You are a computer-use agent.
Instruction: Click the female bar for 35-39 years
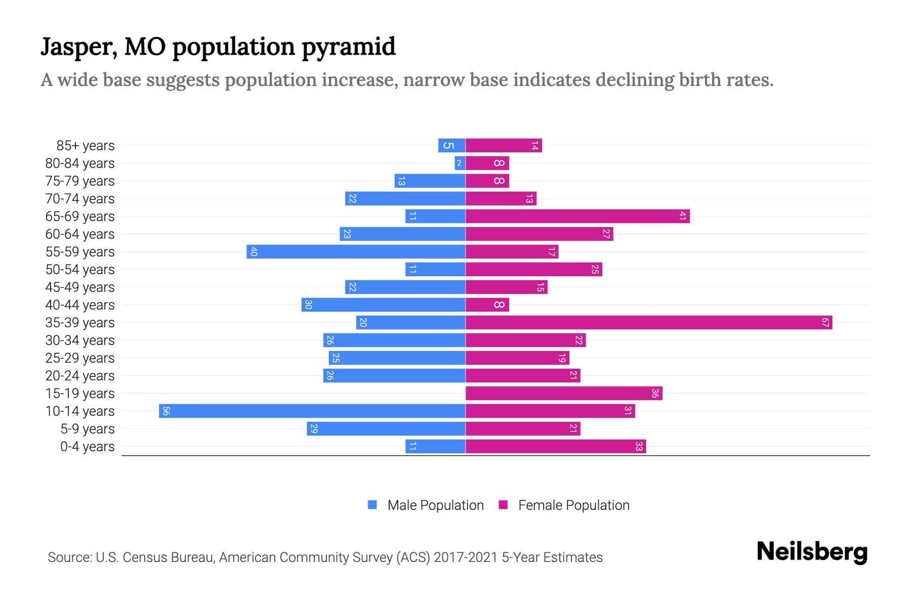(x=649, y=322)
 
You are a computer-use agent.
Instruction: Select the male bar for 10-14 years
(x=312, y=411)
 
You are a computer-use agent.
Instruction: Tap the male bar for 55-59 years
(x=356, y=251)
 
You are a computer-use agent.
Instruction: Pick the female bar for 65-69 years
(x=577, y=216)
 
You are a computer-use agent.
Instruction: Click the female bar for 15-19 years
(x=564, y=393)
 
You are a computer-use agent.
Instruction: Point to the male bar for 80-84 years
(x=460, y=163)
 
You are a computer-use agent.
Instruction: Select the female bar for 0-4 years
(x=556, y=446)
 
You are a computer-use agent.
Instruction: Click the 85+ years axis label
(x=86, y=146)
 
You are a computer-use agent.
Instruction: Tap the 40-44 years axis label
(x=80, y=305)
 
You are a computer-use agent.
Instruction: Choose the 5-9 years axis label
(x=88, y=429)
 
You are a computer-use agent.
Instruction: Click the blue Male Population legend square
(x=372, y=505)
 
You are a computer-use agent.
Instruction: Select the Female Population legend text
(x=573, y=505)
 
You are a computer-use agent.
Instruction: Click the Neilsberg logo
(x=812, y=552)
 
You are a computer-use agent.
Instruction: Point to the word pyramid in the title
(x=349, y=47)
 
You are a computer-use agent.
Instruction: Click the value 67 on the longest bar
(x=825, y=322)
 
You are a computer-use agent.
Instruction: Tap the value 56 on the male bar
(x=166, y=411)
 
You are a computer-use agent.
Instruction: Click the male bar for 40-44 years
(x=383, y=305)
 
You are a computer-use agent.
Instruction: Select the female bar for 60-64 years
(x=539, y=234)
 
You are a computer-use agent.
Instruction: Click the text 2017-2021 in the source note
(x=466, y=557)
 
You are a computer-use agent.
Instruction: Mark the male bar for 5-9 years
(x=386, y=428)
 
